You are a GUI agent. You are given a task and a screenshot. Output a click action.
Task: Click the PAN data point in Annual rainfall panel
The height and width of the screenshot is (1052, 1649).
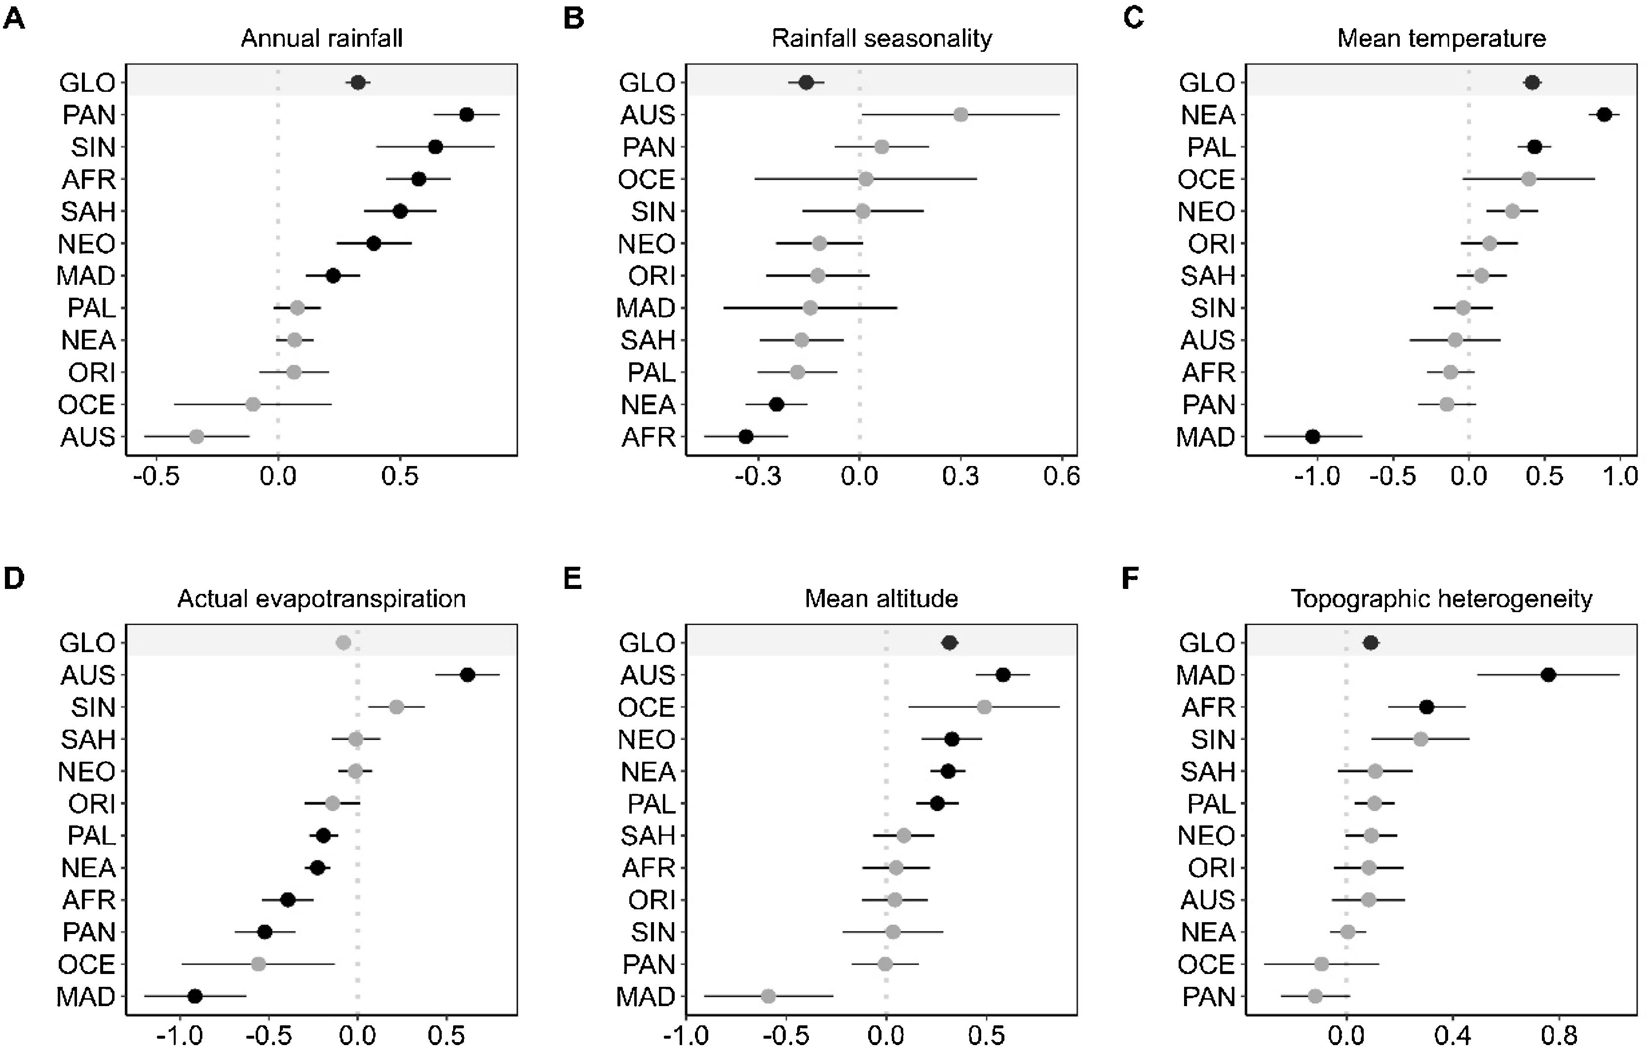(466, 115)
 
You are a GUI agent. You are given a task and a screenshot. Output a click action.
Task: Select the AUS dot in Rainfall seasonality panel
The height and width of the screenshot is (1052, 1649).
(961, 115)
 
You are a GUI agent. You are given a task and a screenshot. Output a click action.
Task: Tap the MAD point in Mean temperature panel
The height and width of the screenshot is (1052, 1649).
(1312, 436)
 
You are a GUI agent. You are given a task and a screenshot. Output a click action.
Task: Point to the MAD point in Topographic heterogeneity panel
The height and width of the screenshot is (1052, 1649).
(1548, 675)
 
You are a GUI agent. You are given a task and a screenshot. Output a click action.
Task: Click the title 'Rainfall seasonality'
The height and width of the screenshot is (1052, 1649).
(882, 39)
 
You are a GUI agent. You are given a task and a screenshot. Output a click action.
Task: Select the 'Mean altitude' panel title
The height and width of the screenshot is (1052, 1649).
(882, 599)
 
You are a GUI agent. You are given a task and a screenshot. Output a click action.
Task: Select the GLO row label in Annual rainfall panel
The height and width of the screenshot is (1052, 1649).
(87, 83)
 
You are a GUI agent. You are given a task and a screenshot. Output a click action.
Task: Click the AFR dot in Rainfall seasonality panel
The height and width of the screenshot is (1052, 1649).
(746, 436)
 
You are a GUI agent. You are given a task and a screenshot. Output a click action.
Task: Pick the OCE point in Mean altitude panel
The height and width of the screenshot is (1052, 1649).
(984, 707)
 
